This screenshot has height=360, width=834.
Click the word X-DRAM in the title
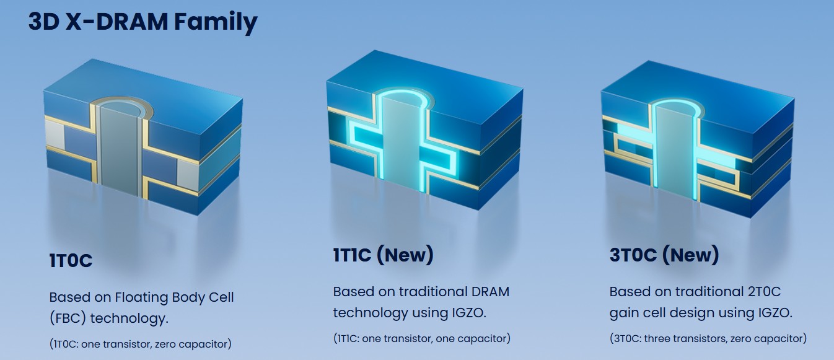click(x=116, y=22)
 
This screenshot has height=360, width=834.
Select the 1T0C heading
click(x=71, y=260)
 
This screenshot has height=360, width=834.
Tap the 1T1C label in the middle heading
click(x=352, y=255)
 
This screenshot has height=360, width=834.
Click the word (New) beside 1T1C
click(x=405, y=255)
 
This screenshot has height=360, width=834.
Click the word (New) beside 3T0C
click(x=691, y=255)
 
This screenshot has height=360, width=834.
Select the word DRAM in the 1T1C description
click(x=490, y=291)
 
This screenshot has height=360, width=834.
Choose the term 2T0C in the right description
click(x=764, y=291)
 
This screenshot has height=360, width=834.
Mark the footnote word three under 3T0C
click(x=657, y=338)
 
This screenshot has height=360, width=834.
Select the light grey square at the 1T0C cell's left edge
click(x=55, y=134)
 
